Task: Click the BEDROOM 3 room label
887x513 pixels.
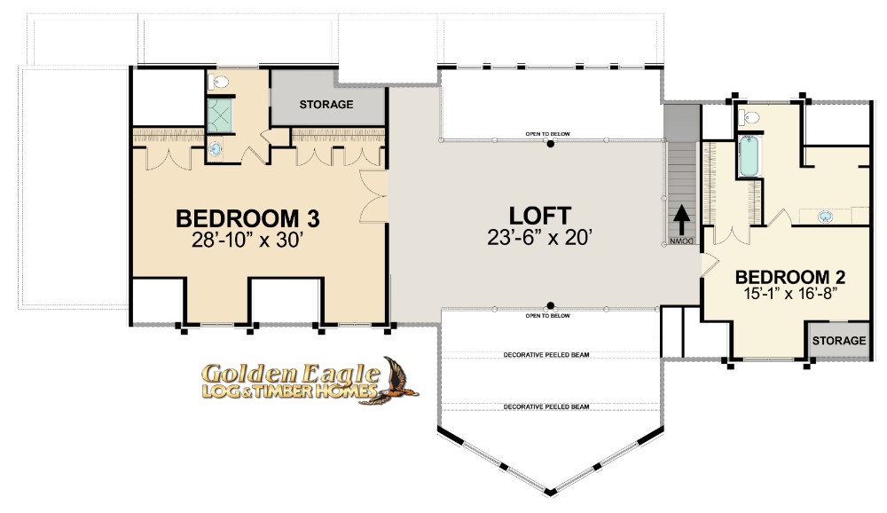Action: coord(247,218)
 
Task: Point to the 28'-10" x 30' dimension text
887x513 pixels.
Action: coord(247,241)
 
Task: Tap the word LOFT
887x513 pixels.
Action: coord(539,216)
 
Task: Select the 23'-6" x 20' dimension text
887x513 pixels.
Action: coord(539,237)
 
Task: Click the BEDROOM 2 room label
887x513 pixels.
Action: coord(789,278)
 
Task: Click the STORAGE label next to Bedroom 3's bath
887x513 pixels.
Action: coord(326,105)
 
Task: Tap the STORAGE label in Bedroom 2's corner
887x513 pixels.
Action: coord(839,340)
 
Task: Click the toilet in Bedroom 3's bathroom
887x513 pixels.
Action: coord(218,83)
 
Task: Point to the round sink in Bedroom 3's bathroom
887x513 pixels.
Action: coord(216,149)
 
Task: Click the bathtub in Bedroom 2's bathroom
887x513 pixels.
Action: coord(750,156)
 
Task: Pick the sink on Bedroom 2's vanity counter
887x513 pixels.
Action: coord(825,217)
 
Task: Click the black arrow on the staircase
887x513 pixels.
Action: coord(681,220)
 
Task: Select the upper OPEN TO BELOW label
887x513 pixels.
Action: coord(547,134)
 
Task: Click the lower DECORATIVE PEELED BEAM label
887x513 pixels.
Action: coord(546,407)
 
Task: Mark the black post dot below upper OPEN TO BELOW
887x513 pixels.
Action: coord(550,144)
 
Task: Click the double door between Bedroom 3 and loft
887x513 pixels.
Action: coord(374,196)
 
